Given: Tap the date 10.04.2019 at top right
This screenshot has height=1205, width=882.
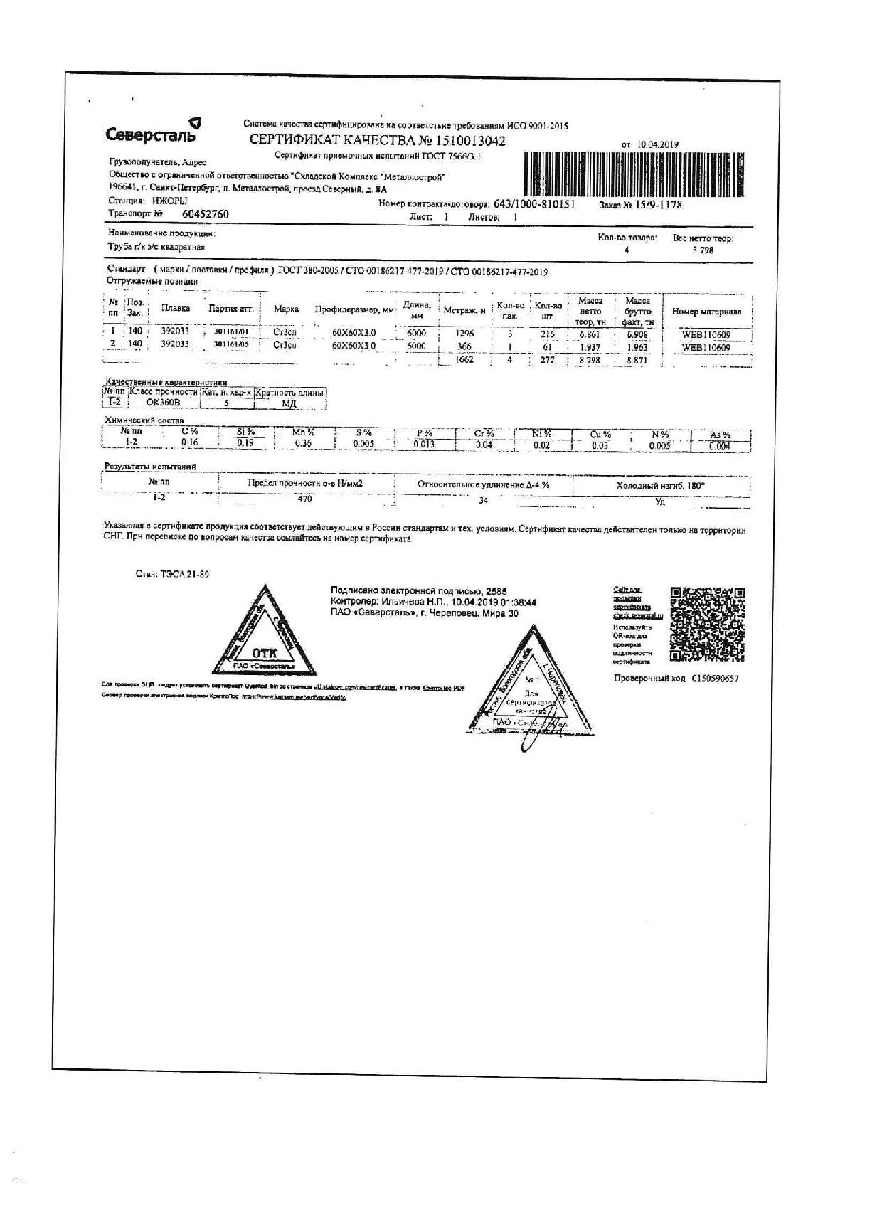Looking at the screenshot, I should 659,144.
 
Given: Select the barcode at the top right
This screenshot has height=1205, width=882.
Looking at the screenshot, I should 637,174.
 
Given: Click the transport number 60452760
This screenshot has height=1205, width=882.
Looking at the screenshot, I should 205,214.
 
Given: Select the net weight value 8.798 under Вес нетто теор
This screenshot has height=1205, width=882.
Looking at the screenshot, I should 702,250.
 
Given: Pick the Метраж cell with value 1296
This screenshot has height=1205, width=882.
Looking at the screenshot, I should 464,333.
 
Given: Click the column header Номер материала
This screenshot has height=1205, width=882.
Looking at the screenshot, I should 706,312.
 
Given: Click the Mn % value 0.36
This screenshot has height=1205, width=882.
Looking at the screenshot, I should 304,443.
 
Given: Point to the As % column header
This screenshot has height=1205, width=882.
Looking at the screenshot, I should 720,435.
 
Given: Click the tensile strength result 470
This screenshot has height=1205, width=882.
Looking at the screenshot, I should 304,499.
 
